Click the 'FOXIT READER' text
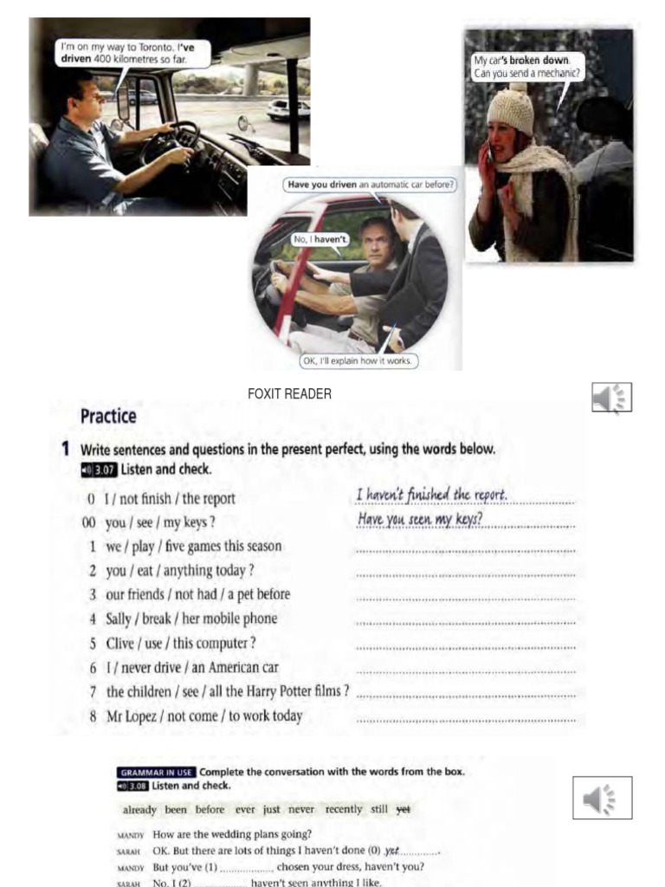tap(289, 394)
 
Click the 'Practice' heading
tap(108, 416)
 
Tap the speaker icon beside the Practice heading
tap(611, 398)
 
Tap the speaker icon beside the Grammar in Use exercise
tap(602, 798)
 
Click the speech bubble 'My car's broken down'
tap(527, 67)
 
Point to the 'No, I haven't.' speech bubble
tap(319, 238)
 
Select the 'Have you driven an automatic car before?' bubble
tap(371, 184)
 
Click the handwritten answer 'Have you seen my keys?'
tap(420, 520)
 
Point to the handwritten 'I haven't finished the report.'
tap(431, 495)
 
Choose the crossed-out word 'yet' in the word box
tap(403, 809)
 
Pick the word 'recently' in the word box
tap(344, 809)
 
